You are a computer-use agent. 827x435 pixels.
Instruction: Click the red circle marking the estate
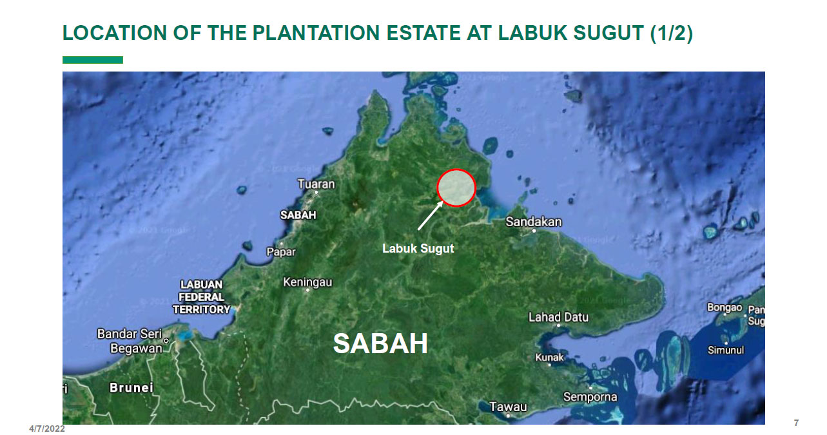pyautogui.click(x=456, y=188)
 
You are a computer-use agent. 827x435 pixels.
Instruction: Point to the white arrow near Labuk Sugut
pyautogui.click(x=430, y=215)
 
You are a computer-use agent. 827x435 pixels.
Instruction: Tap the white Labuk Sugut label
pyautogui.click(x=418, y=248)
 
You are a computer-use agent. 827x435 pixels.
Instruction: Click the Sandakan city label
pyautogui.click(x=533, y=222)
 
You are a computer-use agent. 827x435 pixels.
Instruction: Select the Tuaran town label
pyautogui.click(x=316, y=184)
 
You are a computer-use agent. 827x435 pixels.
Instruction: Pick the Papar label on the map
pyautogui.click(x=281, y=251)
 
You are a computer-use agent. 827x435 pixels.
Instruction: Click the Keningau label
pyautogui.click(x=307, y=282)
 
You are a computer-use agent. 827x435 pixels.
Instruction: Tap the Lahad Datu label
pyautogui.click(x=558, y=317)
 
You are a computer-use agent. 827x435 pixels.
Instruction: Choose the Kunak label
pyautogui.click(x=549, y=357)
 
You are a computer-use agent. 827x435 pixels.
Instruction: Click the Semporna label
pyautogui.click(x=590, y=397)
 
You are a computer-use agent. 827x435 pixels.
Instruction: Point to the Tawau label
pyautogui.click(x=508, y=407)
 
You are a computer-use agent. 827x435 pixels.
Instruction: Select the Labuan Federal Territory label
pyautogui.click(x=201, y=297)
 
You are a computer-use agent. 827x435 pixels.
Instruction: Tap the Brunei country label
pyautogui.click(x=131, y=387)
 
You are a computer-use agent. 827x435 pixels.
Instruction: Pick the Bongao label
pyautogui.click(x=725, y=307)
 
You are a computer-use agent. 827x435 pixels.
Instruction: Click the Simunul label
pyautogui.click(x=726, y=350)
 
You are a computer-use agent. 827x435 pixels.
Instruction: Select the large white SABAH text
pyautogui.click(x=380, y=344)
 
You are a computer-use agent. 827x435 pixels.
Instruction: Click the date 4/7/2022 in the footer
pyautogui.click(x=47, y=429)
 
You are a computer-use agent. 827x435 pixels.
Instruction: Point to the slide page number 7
pyautogui.click(x=796, y=423)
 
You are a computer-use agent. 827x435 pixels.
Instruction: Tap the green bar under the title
pyautogui.click(x=92, y=60)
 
